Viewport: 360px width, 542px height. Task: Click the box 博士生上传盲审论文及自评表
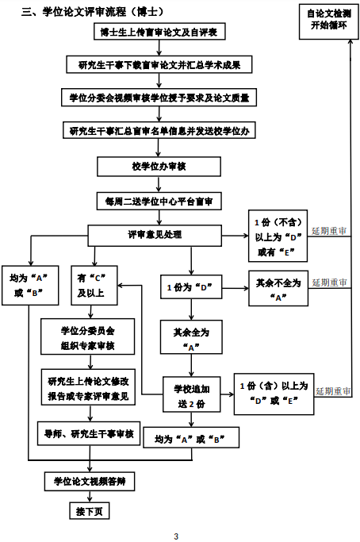[159, 32]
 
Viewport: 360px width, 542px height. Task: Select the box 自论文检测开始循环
[328, 21]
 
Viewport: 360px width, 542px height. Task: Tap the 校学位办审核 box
[159, 167]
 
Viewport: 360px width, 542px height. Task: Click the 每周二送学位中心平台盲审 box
[159, 202]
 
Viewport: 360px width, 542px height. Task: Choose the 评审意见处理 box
[155, 236]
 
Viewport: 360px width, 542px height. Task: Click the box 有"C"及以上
[94, 285]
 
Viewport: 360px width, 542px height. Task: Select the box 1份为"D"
[191, 287]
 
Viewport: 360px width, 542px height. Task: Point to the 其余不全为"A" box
[278, 288]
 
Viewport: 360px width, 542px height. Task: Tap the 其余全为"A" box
[191, 337]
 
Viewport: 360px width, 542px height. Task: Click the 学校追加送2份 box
[191, 394]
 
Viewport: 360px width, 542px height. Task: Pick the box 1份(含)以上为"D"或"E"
[274, 394]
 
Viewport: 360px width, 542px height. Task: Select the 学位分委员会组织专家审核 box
[88, 336]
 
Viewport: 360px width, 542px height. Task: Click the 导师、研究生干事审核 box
[89, 433]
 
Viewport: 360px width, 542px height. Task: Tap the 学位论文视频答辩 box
[90, 482]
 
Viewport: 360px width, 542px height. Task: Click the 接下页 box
[90, 511]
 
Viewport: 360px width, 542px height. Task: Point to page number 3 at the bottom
[176, 536]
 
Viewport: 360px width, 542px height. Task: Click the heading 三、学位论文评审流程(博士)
[93, 12]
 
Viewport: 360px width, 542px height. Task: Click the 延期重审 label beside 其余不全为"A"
[329, 283]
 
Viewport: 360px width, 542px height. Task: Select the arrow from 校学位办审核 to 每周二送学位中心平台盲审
[159, 184]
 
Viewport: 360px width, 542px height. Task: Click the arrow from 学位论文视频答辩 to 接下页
[90, 497]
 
